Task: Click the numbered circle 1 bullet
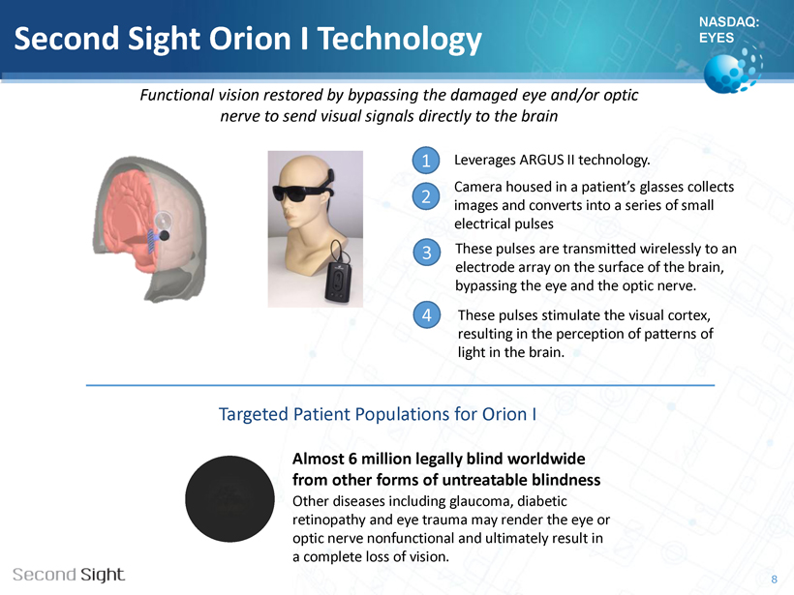(x=426, y=161)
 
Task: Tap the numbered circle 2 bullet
(x=426, y=196)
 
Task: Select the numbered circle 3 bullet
(x=427, y=252)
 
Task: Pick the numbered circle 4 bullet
(x=427, y=314)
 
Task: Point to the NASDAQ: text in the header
(x=729, y=21)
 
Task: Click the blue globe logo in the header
(x=732, y=70)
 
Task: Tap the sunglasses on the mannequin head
(x=302, y=193)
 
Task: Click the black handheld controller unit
(x=338, y=283)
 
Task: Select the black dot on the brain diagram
(x=164, y=235)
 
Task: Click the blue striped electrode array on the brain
(x=151, y=242)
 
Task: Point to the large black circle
(x=229, y=499)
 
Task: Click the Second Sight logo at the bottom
(x=69, y=575)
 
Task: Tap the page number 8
(x=775, y=580)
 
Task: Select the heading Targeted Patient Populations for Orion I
(x=378, y=414)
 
